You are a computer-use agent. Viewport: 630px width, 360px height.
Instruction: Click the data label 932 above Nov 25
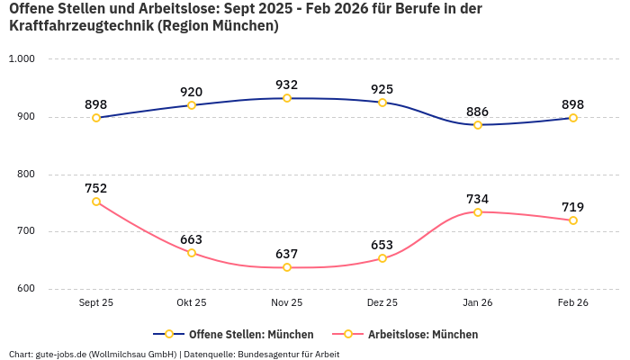287,85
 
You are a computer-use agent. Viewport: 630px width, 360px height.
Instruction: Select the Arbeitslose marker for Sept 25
96,202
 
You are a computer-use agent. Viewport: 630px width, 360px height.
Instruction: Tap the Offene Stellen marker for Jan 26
478,125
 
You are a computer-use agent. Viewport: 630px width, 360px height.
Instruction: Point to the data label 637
287,254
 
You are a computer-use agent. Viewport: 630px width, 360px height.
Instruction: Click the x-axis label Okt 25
192,303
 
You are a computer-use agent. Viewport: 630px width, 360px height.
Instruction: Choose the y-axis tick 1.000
21,59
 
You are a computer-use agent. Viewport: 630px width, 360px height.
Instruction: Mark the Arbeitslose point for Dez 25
382,258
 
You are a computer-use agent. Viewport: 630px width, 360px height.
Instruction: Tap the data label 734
478,199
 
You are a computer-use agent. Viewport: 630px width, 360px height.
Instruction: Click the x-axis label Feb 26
573,303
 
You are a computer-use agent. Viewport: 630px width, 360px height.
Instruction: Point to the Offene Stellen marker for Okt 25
192,105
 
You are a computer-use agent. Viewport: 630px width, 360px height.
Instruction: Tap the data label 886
478,112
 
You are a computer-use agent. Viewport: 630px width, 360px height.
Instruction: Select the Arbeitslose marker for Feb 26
573,220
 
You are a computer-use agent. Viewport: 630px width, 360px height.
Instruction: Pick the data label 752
96,188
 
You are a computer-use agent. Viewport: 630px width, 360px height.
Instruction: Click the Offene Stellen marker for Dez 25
382,103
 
